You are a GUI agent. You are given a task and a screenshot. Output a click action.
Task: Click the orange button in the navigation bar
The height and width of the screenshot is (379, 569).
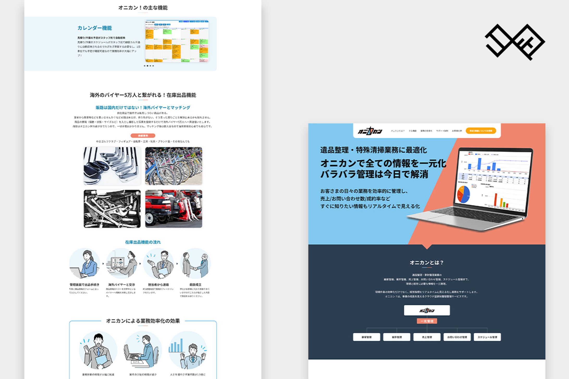click(481, 131)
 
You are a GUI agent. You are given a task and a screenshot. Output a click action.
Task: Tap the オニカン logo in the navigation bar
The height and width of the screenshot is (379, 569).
click(370, 131)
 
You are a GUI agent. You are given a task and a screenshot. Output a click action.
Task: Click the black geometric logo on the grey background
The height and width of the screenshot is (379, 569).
click(515, 42)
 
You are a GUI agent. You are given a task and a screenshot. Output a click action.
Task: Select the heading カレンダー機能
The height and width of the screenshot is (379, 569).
click(95, 28)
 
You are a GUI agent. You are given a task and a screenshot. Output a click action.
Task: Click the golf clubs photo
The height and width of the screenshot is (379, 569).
click(112, 166)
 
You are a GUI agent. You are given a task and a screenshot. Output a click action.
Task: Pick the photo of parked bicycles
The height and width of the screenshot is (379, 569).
click(174, 166)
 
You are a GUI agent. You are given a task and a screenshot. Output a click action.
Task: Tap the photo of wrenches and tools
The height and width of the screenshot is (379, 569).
click(112, 209)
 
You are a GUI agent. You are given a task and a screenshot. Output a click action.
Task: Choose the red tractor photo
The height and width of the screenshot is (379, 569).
click(174, 209)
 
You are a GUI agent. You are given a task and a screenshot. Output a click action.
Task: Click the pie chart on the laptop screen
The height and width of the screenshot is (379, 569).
click(463, 194)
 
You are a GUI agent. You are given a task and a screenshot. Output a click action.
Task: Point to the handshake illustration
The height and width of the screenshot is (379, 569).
click(195, 263)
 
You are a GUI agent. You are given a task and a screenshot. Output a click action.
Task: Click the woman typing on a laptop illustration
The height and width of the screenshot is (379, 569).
click(84, 263)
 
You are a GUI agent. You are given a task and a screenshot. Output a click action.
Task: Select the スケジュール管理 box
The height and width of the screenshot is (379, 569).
click(487, 337)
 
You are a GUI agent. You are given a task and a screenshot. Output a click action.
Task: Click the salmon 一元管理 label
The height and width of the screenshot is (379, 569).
click(427, 321)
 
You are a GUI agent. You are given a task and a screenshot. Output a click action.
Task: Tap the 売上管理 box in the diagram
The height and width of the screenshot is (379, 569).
click(427, 337)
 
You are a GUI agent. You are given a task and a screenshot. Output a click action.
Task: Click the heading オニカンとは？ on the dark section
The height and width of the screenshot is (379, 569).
click(427, 263)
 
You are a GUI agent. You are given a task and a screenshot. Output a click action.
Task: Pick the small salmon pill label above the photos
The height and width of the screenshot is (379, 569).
click(143, 136)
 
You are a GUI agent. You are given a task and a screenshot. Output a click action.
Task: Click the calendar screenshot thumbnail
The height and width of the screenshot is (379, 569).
click(177, 41)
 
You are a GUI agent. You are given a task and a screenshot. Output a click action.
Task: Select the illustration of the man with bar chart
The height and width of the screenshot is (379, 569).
click(188, 350)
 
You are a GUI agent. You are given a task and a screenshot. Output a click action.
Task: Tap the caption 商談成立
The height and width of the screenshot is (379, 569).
click(195, 285)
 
